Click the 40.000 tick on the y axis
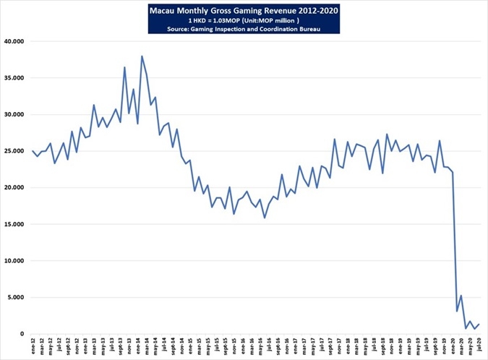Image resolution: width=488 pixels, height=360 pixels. coord(14,41)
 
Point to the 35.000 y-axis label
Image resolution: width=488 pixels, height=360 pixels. coord(14,78)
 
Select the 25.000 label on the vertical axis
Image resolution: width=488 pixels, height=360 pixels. coord(14,151)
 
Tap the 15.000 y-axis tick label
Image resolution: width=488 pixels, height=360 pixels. coord(14,224)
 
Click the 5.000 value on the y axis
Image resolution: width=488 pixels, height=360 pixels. coord(17,297)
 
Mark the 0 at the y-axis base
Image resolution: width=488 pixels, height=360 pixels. coord(23,334)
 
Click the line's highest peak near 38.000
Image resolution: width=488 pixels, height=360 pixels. coord(142,56)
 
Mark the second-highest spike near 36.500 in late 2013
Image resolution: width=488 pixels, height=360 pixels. coord(124,67)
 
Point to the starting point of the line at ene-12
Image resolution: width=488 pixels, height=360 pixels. coord(33,151)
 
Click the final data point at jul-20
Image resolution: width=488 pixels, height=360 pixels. coord(478,324)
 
